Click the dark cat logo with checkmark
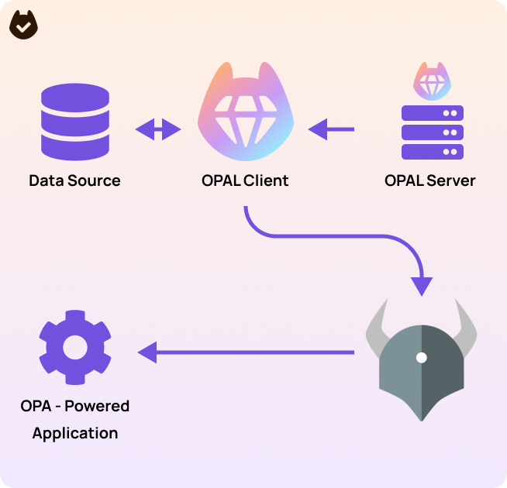(x=23, y=25)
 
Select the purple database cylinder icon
(x=74, y=121)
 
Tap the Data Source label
(x=74, y=180)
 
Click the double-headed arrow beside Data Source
(x=158, y=129)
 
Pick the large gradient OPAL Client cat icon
(x=245, y=108)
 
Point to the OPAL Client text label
(x=244, y=180)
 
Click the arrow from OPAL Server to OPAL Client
(x=331, y=129)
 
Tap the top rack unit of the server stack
(x=432, y=113)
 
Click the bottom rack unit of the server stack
(x=432, y=151)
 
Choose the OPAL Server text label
(x=429, y=180)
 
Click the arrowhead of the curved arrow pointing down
(x=421, y=285)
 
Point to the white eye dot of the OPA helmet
(x=421, y=357)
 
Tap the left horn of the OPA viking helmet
(x=376, y=325)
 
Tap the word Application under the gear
(x=75, y=433)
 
